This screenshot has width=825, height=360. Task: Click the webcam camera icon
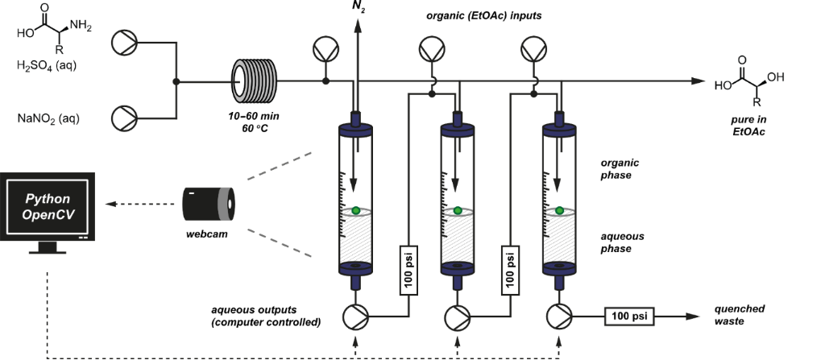(x=208, y=204)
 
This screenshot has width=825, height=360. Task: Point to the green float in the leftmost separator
(x=355, y=211)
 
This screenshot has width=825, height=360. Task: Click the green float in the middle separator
(x=458, y=211)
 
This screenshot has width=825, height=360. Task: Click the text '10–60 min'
(x=255, y=116)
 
